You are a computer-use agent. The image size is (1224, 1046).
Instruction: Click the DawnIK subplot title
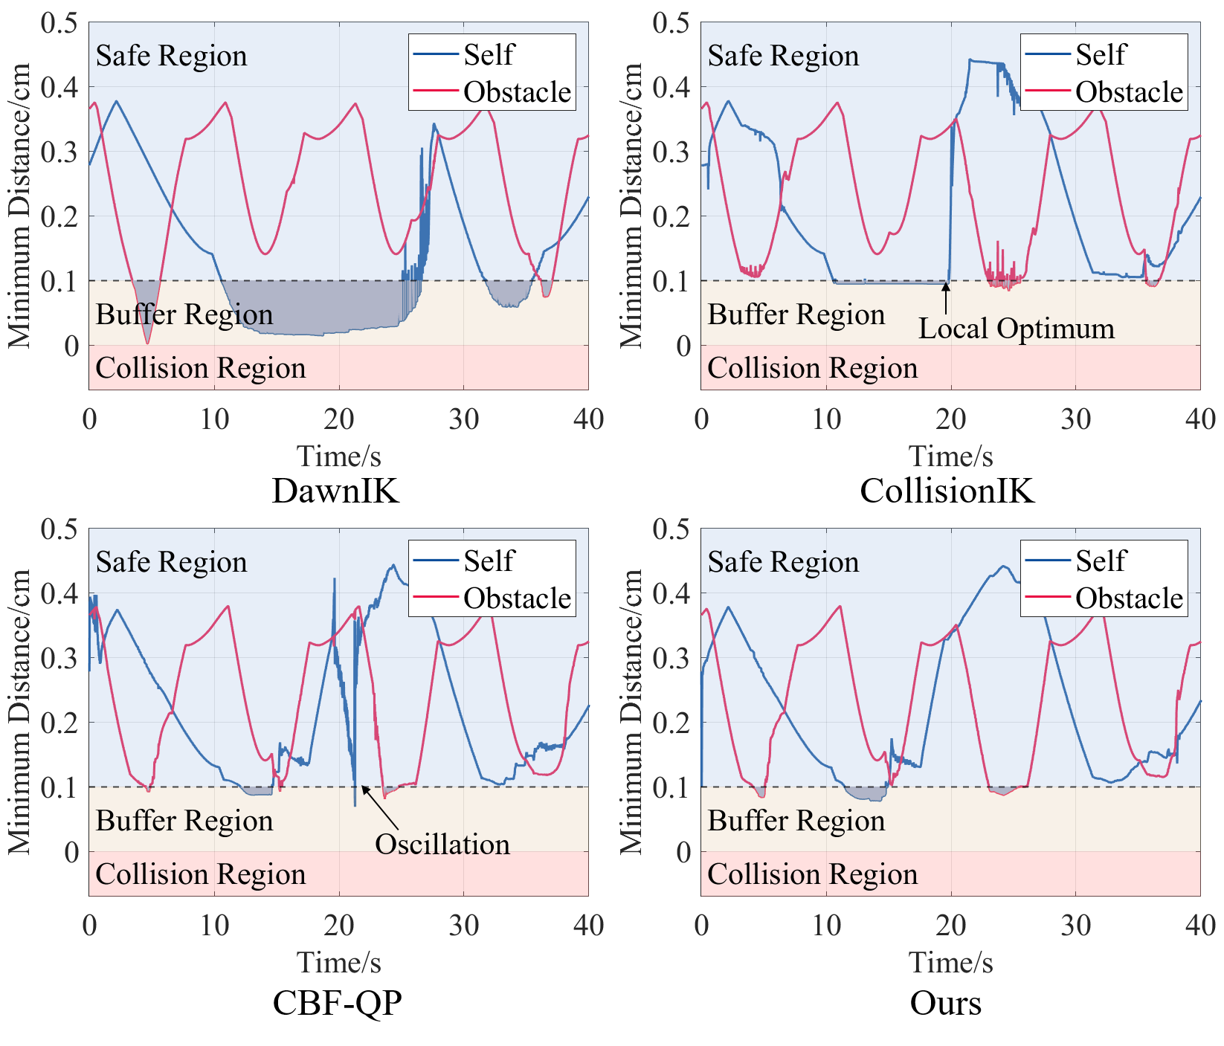[335, 491]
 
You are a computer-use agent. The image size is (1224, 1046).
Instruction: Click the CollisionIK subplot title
[947, 491]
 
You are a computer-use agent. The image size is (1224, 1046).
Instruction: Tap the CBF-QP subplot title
[337, 1002]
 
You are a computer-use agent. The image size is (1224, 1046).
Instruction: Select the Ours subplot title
[945, 1002]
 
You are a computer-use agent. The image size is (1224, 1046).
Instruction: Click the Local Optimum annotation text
[1016, 329]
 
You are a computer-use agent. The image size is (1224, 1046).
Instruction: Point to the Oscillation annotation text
[442, 844]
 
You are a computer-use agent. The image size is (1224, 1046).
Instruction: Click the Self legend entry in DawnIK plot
[488, 54]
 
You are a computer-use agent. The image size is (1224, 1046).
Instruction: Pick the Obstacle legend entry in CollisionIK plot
[1128, 91]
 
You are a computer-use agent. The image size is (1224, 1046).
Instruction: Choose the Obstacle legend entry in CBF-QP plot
[517, 598]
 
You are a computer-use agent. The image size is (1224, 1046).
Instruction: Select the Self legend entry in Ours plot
[1100, 561]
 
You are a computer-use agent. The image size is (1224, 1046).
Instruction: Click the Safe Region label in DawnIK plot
[171, 56]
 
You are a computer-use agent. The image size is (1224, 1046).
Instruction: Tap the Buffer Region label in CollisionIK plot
[796, 314]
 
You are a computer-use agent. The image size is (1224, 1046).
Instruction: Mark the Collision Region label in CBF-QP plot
[201, 874]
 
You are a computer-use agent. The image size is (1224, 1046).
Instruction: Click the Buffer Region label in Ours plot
[796, 821]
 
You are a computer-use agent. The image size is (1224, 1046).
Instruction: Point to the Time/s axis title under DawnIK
[338, 456]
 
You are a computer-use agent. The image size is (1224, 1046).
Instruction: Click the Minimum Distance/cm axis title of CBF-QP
[20, 711]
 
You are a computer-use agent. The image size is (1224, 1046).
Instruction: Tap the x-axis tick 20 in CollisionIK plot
[950, 419]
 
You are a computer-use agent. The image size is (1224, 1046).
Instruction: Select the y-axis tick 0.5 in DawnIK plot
[59, 22]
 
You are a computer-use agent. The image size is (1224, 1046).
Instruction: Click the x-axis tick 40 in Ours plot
[1199, 926]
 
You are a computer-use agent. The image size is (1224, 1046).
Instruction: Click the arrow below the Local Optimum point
[946, 299]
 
